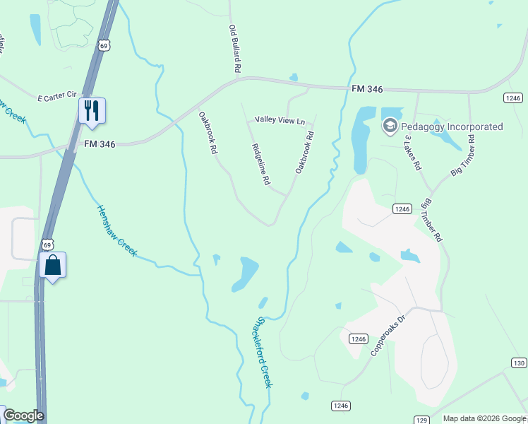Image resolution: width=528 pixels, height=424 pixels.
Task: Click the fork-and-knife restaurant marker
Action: [92, 111]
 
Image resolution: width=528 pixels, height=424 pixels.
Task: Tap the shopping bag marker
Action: [53, 266]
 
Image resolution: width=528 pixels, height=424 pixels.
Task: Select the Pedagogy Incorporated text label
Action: [452, 127]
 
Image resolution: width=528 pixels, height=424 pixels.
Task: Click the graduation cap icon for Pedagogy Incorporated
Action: [390, 127]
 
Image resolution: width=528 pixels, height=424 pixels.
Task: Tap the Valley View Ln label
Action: [280, 121]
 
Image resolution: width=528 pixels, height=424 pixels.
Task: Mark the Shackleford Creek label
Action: [263, 351]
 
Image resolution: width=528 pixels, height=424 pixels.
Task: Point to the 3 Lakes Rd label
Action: [413, 153]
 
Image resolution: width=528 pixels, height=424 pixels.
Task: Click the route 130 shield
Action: [519, 363]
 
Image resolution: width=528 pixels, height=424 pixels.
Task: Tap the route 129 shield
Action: [421, 420]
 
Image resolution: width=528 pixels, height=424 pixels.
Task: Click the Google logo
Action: [23, 416]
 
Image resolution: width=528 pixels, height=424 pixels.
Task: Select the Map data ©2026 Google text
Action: [484, 418]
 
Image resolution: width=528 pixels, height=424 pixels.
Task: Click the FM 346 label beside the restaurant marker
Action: [100, 143]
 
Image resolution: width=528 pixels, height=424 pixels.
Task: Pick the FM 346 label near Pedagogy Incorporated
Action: [368, 90]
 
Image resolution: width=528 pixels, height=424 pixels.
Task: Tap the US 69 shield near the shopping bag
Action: [46, 244]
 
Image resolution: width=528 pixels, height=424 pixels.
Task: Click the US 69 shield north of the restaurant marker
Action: [104, 46]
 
